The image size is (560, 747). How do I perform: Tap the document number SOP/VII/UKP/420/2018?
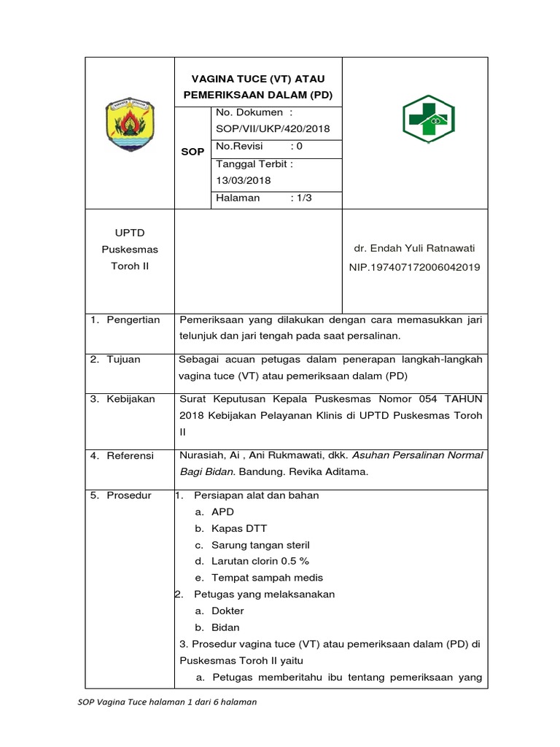(x=272, y=129)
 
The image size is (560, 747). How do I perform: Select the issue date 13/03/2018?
(x=242, y=180)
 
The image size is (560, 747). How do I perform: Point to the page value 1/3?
(x=301, y=198)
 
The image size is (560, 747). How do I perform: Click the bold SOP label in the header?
(x=192, y=152)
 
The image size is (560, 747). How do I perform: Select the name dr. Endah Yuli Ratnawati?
(x=414, y=248)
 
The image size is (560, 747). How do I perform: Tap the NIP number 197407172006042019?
(x=414, y=267)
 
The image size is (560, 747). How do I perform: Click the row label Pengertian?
(x=133, y=320)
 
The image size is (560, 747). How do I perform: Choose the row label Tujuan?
(x=123, y=360)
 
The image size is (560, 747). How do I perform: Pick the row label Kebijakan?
(x=131, y=399)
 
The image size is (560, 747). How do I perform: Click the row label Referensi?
(x=131, y=455)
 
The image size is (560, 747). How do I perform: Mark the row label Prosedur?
(x=129, y=495)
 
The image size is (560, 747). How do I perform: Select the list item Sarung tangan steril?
(x=260, y=545)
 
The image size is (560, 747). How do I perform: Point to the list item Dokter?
(x=227, y=611)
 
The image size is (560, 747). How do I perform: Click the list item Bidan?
(x=225, y=627)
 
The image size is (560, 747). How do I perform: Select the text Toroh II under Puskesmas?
(x=129, y=266)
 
